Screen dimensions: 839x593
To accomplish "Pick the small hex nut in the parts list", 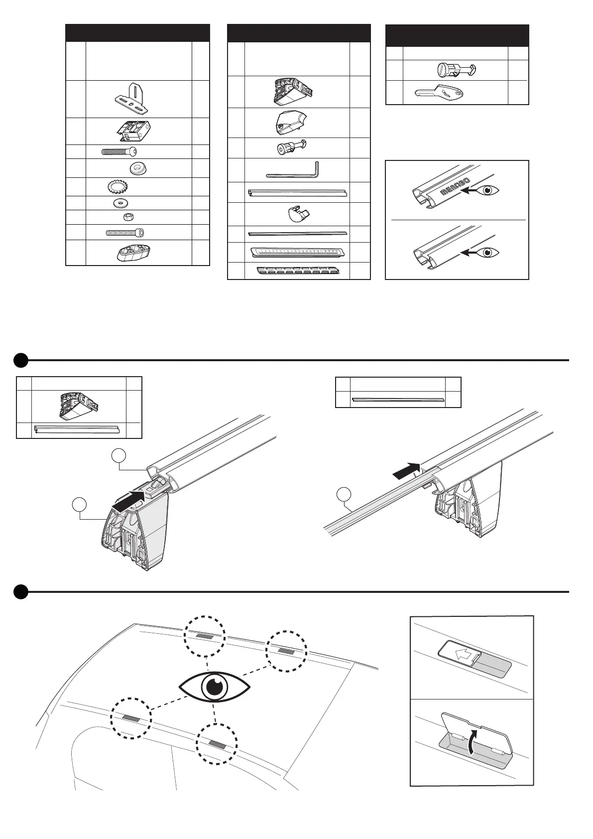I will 127,217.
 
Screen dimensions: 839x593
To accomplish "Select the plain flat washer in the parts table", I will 119,203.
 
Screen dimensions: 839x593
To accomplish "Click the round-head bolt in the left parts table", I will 119,152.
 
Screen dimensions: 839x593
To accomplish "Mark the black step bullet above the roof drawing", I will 20,592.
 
